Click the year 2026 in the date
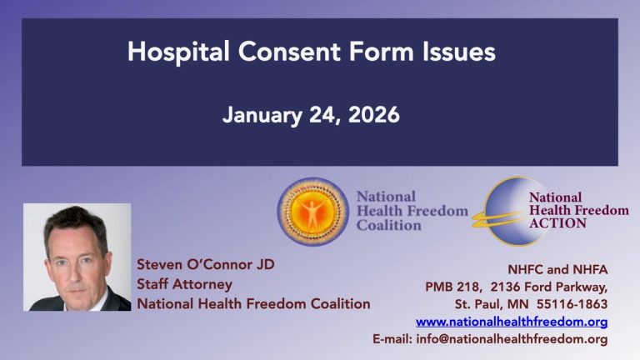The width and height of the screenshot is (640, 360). (x=372, y=114)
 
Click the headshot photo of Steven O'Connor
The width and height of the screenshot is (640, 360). (x=77, y=257)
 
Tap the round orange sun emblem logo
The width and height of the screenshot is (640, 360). (x=312, y=211)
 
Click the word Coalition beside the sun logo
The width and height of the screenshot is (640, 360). (x=389, y=225)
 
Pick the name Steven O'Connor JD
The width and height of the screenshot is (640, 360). (x=206, y=265)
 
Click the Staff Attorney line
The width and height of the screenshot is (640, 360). (x=184, y=284)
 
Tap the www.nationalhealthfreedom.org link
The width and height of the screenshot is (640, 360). (x=512, y=321)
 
